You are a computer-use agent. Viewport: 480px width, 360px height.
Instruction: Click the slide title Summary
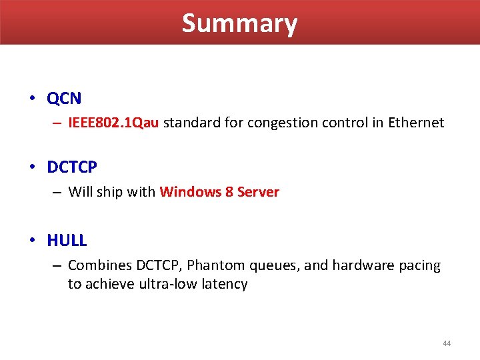click(239, 23)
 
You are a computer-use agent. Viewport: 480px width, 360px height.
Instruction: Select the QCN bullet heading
click(64, 99)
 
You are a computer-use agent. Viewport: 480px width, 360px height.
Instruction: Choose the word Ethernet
click(416, 123)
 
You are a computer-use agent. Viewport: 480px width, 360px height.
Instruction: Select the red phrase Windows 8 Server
click(219, 192)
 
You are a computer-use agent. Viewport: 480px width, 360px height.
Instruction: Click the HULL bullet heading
click(67, 240)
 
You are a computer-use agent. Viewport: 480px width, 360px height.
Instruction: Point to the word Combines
click(99, 265)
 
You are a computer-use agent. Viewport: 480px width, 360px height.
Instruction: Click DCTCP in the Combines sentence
click(157, 265)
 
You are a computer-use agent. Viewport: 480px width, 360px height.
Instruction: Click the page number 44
click(446, 343)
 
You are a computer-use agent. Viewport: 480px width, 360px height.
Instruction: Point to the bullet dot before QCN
click(32, 99)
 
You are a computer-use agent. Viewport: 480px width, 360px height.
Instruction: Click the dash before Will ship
click(57, 192)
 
